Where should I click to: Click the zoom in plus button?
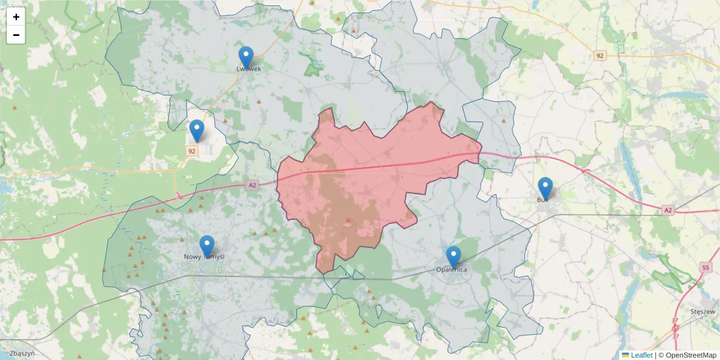point(16,17)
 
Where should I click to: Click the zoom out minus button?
point(16,35)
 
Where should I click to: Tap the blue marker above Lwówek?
point(246,57)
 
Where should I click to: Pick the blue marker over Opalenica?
point(454,257)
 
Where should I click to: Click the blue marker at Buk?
point(545,188)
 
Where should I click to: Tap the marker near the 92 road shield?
point(197,130)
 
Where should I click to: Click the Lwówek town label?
point(249,69)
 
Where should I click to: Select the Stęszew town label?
point(703,311)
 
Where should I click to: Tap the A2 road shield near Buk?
point(668,209)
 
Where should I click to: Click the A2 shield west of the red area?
point(252,185)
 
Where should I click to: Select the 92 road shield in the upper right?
point(600,56)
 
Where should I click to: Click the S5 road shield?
point(705,266)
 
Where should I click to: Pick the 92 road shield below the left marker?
point(191,151)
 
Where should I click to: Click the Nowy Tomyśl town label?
point(204,257)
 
